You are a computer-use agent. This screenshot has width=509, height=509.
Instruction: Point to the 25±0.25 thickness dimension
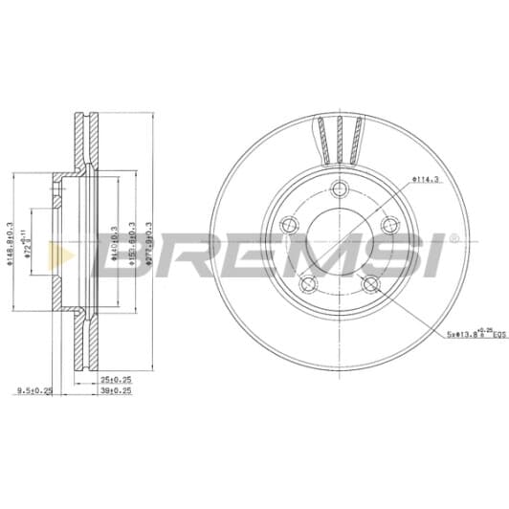coord(115,378)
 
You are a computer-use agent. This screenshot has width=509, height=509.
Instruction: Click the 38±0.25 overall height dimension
coord(116,391)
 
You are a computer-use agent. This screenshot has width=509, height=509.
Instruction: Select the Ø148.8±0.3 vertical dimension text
coord(11,246)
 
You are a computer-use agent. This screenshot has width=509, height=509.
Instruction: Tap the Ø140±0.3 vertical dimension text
coord(115,245)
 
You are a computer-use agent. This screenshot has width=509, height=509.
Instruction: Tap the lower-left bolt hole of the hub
coord(307,285)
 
